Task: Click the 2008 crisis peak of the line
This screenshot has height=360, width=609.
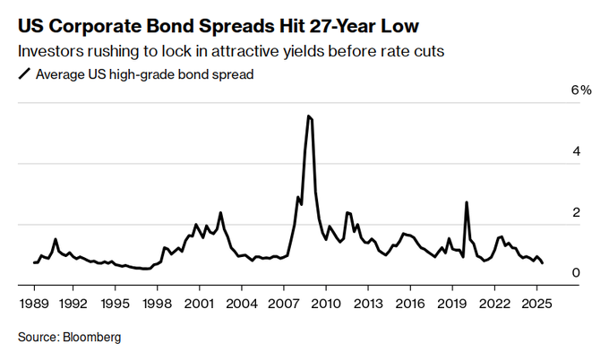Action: pos(308,116)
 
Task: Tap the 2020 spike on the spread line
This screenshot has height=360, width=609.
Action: pos(467,202)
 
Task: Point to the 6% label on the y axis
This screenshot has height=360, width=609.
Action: pos(581,91)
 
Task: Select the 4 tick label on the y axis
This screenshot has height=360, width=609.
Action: pos(577,152)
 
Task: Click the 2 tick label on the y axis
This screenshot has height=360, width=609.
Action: pos(577,213)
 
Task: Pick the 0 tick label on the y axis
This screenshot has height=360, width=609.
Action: pos(577,273)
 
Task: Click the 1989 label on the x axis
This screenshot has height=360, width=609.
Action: pos(34,303)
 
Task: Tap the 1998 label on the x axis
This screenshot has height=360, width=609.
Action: pos(158,303)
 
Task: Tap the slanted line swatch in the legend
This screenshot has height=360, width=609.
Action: pos(23,74)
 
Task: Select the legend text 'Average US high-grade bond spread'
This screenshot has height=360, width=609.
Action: pos(144,74)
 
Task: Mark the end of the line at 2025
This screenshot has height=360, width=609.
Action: pos(544,262)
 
